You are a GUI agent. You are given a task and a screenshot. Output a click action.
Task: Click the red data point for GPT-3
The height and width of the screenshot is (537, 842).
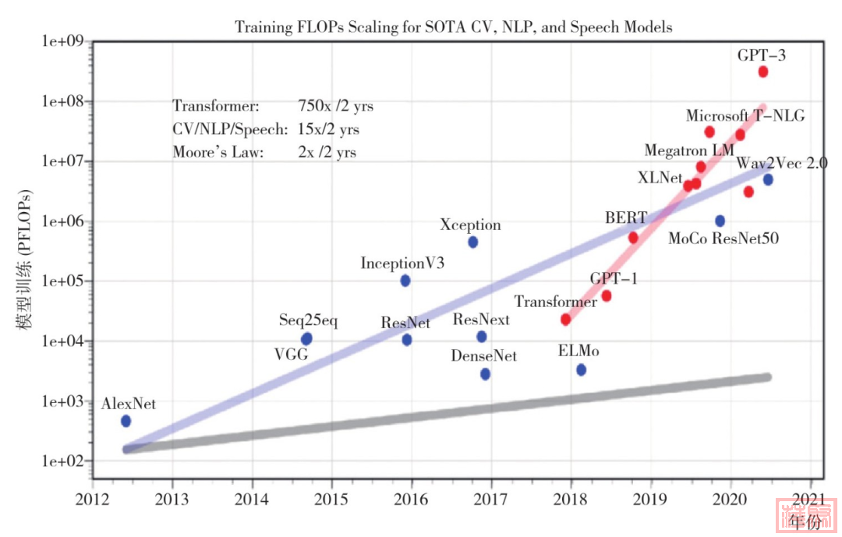coord(762,72)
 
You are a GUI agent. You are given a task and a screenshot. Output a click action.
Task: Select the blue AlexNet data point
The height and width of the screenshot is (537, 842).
coord(126,421)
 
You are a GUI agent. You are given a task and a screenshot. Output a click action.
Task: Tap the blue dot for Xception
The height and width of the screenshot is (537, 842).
coord(472,242)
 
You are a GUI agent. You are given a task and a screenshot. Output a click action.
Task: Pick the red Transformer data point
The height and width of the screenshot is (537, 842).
coord(565,320)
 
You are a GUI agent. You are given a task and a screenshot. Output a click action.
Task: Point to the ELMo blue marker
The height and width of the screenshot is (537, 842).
coord(581,369)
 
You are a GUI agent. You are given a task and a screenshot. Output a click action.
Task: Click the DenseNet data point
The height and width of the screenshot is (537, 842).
coord(485,374)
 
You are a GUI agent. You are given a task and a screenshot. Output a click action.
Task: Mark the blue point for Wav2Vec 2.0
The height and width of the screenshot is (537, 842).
coord(768,180)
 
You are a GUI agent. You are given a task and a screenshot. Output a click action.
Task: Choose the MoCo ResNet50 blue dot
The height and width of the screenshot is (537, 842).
coord(720,221)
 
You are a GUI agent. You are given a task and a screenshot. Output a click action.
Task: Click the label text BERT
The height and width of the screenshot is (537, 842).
coord(621,217)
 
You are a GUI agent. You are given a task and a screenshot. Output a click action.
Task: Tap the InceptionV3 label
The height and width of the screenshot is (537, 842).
coord(402,263)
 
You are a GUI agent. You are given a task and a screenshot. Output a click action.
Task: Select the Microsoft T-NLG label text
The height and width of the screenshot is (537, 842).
coord(745,116)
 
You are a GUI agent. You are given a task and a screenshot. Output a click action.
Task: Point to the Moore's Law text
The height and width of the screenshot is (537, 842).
coord(218,152)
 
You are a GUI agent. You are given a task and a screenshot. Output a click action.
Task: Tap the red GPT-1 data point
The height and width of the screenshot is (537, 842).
coord(607,296)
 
